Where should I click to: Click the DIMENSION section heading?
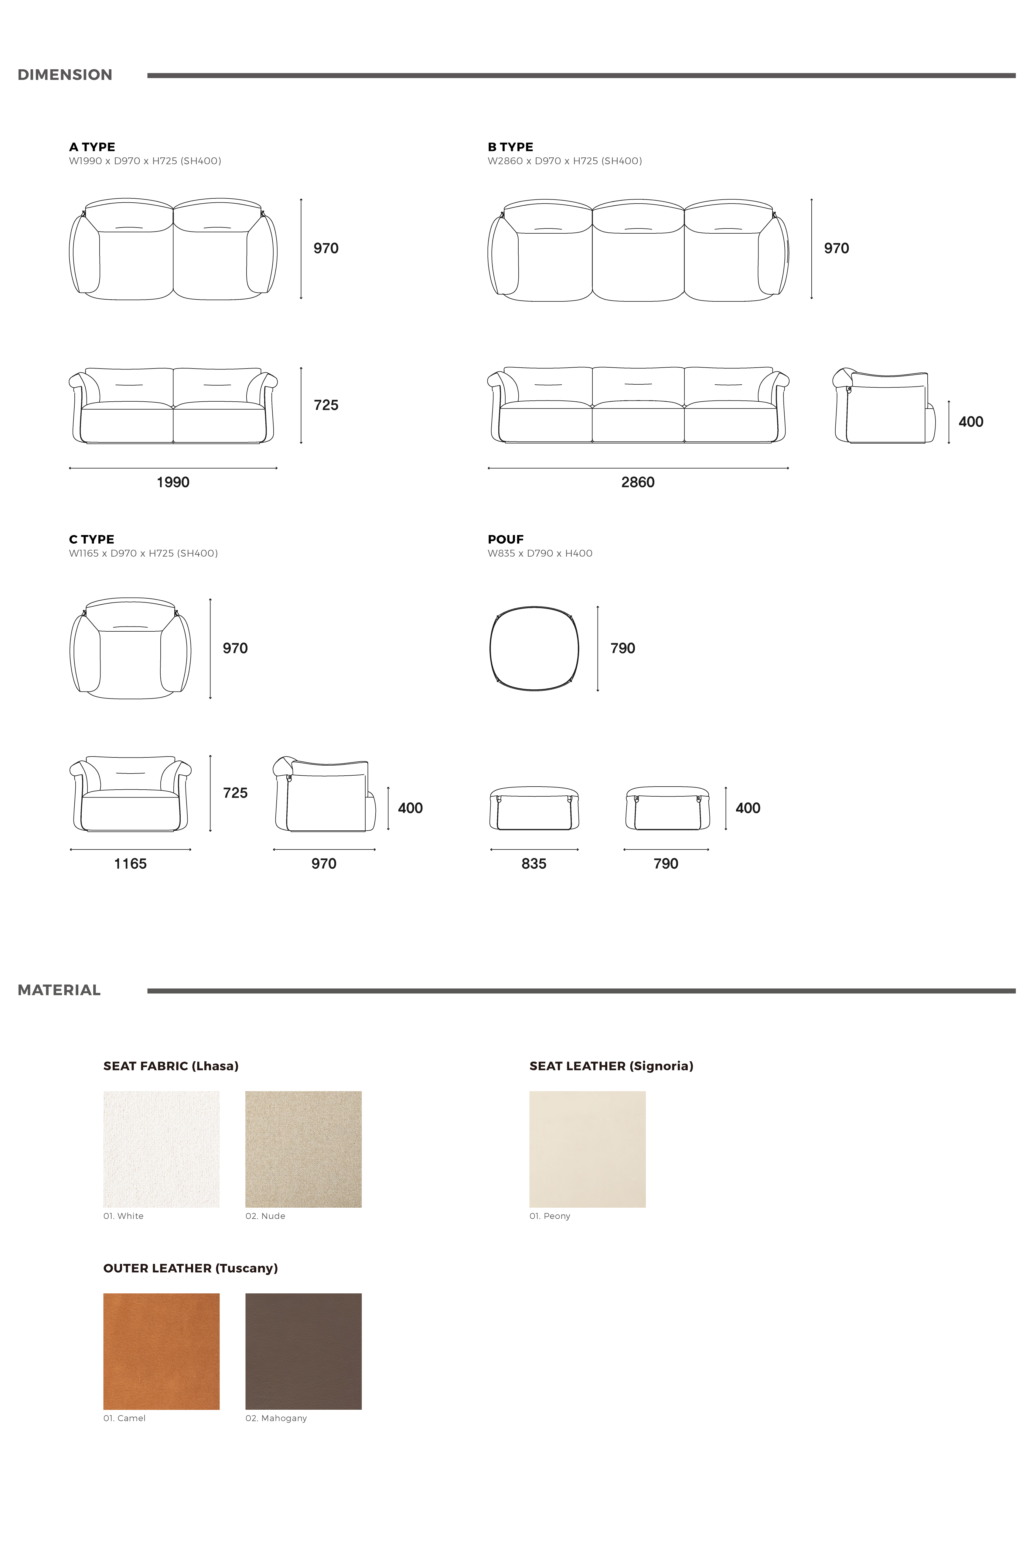pos(65,75)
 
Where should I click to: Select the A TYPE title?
pos(92,147)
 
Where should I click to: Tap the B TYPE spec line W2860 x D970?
pos(564,161)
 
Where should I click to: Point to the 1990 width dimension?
pos(172,482)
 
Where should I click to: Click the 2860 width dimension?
pos(638,482)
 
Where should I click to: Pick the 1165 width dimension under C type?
pos(131,864)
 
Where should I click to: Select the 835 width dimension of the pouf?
pos(534,864)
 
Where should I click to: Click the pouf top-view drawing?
pos(534,648)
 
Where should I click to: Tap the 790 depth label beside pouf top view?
pos(622,648)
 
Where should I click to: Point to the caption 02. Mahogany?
pos(276,1418)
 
